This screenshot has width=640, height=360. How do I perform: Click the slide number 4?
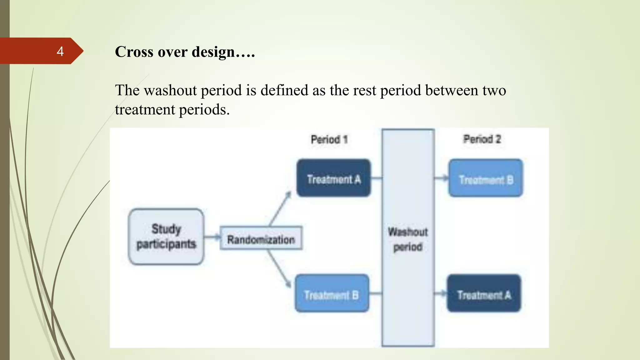[x=60, y=51]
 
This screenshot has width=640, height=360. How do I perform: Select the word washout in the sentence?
[x=171, y=91]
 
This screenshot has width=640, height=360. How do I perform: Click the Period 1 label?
[x=329, y=139]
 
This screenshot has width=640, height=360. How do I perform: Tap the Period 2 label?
[x=482, y=139]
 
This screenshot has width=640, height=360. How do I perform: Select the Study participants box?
[x=166, y=237]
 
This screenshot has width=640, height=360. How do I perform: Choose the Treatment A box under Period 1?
[x=333, y=178]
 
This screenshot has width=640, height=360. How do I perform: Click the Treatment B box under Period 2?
[x=486, y=178]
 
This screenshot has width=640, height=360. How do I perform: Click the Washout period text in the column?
[x=408, y=239]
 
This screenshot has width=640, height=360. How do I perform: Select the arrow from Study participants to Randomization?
[x=212, y=237]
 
